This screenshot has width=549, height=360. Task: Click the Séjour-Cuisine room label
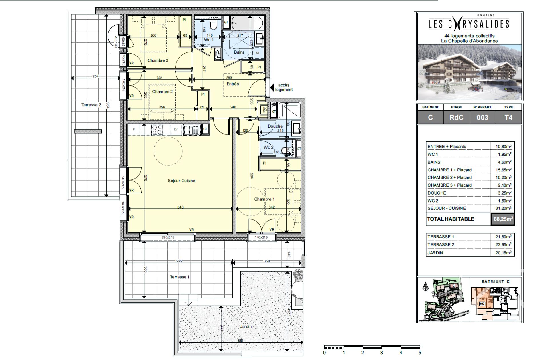point(181,181)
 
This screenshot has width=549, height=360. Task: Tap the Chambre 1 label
point(264,199)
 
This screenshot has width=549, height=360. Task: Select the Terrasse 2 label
point(91,105)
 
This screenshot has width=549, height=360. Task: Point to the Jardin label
point(246,326)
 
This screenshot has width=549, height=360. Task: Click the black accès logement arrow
point(272,87)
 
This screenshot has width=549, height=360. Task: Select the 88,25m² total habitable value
point(503,219)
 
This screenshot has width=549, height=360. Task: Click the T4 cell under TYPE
point(508,118)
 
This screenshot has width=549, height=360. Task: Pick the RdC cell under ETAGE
point(456,118)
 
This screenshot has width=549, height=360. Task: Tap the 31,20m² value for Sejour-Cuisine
point(503,208)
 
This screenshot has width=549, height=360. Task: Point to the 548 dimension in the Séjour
point(180,207)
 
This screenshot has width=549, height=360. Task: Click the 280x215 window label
point(168,237)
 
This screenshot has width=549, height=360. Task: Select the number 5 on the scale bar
point(420,353)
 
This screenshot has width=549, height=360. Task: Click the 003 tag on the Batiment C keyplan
point(482,304)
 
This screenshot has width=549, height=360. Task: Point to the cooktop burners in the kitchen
point(156,130)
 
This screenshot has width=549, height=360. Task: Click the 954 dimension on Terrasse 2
point(108,105)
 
